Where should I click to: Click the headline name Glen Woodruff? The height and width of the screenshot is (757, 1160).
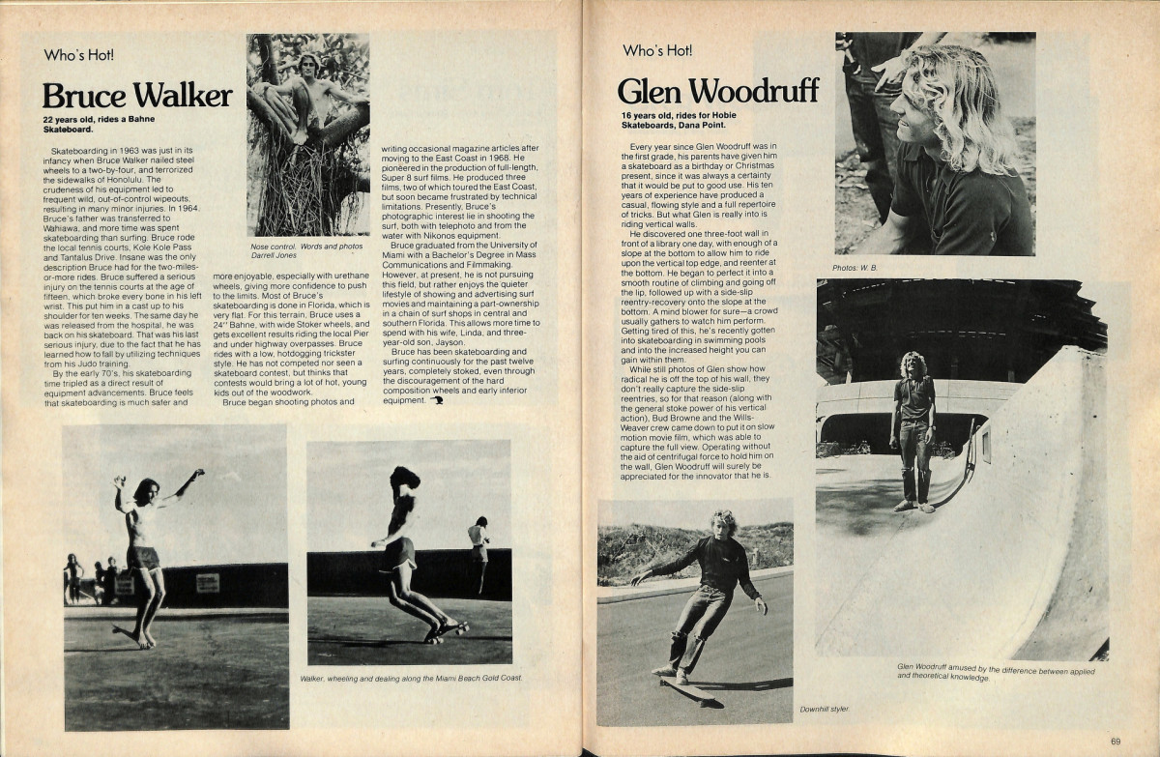(x=717, y=91)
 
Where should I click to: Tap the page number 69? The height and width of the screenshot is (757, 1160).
(x=1116, y=742)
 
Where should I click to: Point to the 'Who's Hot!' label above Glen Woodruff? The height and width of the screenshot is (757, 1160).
(x=657, y=49)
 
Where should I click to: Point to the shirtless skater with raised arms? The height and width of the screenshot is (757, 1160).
(x=145, y=551)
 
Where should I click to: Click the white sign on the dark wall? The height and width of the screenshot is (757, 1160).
(x=207, y=582)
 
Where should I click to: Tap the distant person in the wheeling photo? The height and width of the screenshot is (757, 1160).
(x=478, y=551)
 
